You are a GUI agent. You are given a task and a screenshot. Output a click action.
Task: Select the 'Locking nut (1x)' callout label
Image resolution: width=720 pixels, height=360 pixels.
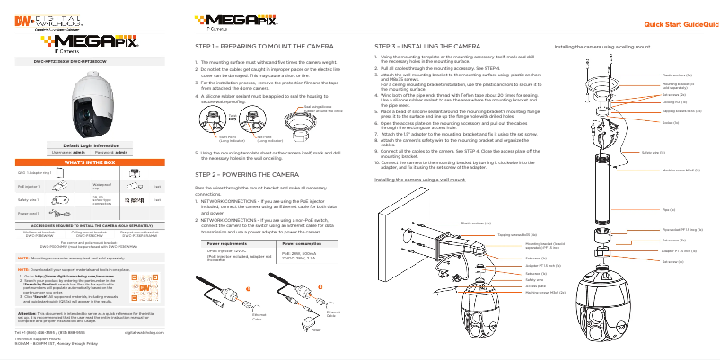(674, 103)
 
